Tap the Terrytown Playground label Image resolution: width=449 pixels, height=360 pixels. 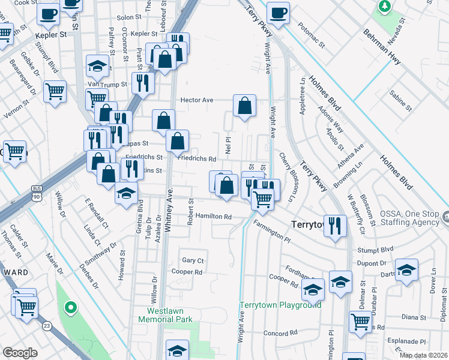280,305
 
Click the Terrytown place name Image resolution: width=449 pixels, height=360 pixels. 307,224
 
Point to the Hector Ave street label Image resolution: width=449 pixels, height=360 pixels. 197,100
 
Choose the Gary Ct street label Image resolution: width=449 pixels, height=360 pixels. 193,260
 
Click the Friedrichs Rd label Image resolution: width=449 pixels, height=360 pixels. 196,159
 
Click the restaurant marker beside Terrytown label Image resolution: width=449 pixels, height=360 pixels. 335,226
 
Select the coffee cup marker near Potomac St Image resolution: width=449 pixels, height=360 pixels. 278,12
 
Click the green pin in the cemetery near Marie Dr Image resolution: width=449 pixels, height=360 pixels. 70,309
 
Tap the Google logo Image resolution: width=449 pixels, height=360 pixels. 20,353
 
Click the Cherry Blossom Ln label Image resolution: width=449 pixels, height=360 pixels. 288,176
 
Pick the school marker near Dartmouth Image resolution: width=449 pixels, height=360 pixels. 406,270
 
